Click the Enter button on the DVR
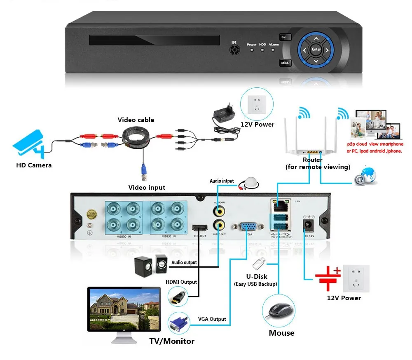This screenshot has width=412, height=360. [x=316, y=49]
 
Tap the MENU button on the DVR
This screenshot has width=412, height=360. [x=286, y=63]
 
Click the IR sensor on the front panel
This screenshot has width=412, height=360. [x=235, y=49]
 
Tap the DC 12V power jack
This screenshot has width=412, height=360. [x=307, y=224]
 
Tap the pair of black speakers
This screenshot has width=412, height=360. [x=150, y=264]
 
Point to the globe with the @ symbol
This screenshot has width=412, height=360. [x=366, y=176]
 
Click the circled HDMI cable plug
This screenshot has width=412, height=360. [x=178, y=296]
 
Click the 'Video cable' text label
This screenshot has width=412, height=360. [x=136, y=120]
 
